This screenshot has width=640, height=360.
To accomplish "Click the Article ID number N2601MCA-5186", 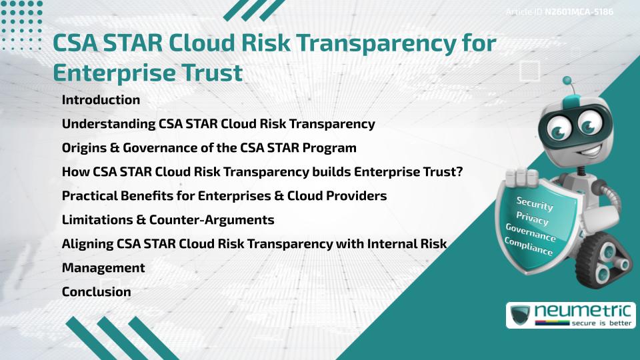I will pyautogui.click(x=579, y=12).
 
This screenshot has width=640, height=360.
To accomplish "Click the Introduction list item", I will pyautogui.click(x=101, y=100).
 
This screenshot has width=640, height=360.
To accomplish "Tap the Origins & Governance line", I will pyautogui.click(x=209, y=147).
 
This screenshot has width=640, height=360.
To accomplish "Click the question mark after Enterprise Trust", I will pyautogui.click(x=459, y=172).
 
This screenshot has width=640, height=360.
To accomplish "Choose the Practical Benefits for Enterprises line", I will pyautogui.click(x=224, y=196).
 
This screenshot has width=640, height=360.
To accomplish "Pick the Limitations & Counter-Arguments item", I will pyautogui.click(x=168, y=220).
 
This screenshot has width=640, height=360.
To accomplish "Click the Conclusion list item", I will pyautogui.click(x=96, y=291).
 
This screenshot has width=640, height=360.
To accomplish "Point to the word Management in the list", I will pyautogui.click(x=103, y=267).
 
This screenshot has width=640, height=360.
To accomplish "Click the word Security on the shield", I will pyautogui.click(x=535, y=204).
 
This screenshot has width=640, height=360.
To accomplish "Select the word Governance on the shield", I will pyautogui.click(x=530, y=232).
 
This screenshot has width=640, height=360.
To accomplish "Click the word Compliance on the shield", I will pyautogui.click(x=528, y=246).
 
